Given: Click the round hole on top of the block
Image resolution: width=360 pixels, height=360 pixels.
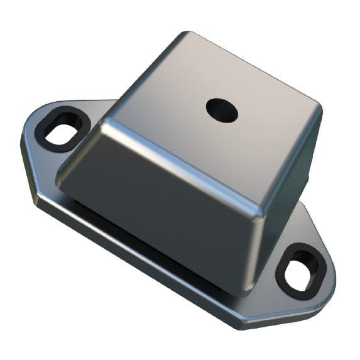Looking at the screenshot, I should tap(221, 111).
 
